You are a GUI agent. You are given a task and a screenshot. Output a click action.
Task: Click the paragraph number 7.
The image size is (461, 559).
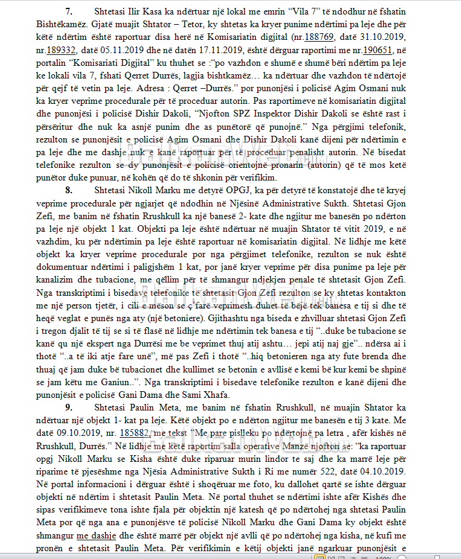click(x=69, y=12)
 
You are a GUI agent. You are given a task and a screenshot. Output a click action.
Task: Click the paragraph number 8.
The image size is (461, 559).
click(x=69, y=190)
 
